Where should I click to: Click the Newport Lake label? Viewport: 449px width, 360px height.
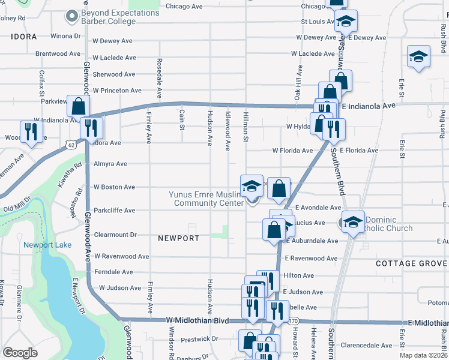pyautogui.click(x=47, y=245)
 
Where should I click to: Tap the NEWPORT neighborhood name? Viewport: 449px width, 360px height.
pyautogui.click(x=178, y=238)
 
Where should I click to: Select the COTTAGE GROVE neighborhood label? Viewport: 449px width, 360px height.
pyautogui.click(x=411, y=263)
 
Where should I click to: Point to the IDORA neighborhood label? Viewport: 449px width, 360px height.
pyautogui.click(x=24, y=37)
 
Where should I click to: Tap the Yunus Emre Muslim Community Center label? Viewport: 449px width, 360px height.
pyautogui.click(x=205, y=199)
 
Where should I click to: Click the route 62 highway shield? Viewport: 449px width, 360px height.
pyautogui.click(x=71, y=145)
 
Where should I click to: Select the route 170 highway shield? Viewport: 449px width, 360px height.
pyautogui.click(x=293, y=322)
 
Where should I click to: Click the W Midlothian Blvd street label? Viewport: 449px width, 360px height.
pyautogui.click(x=197, y=322)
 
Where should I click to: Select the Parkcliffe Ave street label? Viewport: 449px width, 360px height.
pyautogui.click(x=114, y=211)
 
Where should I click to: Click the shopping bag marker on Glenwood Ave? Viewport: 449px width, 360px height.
pyautogui.click(x=79, y=106)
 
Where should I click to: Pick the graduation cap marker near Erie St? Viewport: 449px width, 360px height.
pyautogui.click(x=418, y=57)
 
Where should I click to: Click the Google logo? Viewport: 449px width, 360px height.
pyautogui.click(x=20, y=353)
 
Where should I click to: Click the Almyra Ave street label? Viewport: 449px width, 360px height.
pyautogui.click(x=110, y=164)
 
